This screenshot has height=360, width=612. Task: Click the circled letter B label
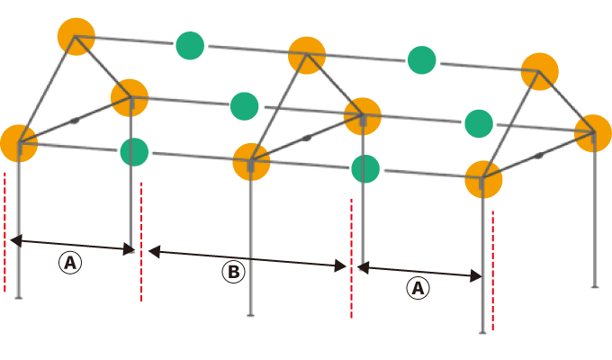[x=233, y=272]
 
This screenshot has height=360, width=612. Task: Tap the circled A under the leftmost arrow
[x=70, y=263]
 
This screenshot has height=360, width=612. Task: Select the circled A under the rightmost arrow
[x=418, y=288]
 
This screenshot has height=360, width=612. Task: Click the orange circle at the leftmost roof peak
[x=76, y=36]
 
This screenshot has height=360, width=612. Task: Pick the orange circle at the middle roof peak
[x=307, y=55]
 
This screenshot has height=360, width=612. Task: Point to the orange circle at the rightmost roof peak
[x=539, y=71]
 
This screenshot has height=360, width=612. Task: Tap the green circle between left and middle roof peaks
[x=190, y=46]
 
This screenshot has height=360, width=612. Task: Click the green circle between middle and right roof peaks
[x=421, y=60]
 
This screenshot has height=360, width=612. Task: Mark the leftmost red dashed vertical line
[x=4, y=232]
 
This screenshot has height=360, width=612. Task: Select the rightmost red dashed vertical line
[x=493, y=271]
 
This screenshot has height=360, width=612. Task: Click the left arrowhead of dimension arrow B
[x=154, y=251]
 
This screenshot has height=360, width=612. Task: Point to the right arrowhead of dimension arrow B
[x=341, y=266]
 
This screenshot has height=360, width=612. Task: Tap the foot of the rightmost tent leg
[x=595, y=287]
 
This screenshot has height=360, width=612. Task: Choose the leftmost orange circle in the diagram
[x=19, y=143]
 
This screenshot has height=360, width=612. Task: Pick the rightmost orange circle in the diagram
[x=593, y=133]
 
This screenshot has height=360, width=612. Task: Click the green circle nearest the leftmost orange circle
[x=134, y=152]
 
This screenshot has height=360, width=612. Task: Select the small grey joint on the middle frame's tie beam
[x=307, y=138]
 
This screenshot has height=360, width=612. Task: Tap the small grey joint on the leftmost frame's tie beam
[x=75, y=121]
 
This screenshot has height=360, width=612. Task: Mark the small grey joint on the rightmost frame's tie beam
[x=539, y=156]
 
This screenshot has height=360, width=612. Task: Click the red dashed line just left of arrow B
[x=141, y=242]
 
